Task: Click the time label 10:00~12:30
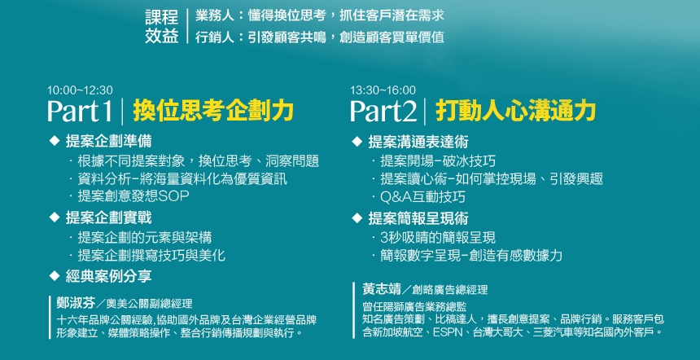click(80, 90)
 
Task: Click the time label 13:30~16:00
click(383, 90)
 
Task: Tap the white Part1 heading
click(80, 112)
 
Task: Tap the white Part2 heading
click(383, 112)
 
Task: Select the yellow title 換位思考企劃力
click(213, 111)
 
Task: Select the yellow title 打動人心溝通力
click(515, 111)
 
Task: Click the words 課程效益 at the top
click(162, 27)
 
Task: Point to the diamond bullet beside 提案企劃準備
click(54, 141)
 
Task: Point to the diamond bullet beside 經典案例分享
click(54, 276)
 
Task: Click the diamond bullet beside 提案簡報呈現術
click(357, 218)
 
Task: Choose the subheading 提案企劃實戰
click(108, 218)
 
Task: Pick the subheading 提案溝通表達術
click(418, 142)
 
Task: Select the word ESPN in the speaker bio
click(447, 332)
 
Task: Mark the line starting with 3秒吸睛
click(438, 237)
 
